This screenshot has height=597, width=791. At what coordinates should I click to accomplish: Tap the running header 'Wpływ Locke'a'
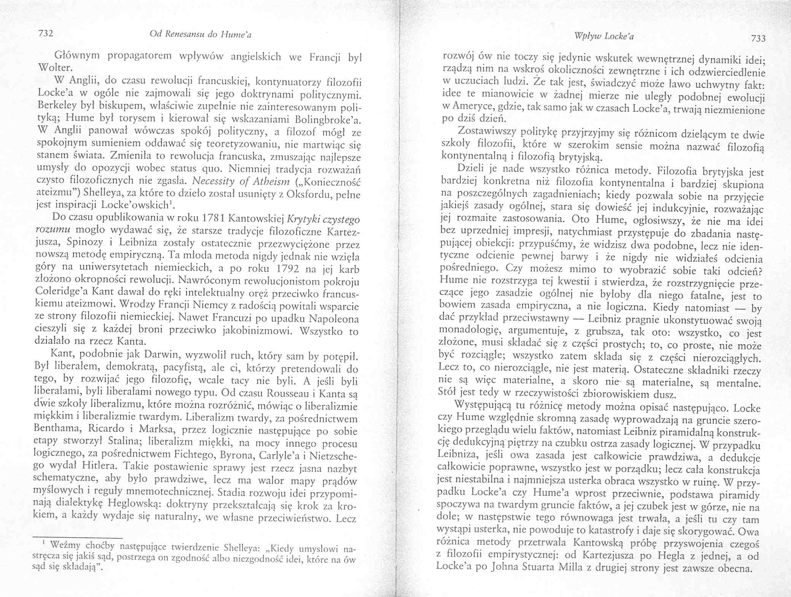point(604,37)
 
